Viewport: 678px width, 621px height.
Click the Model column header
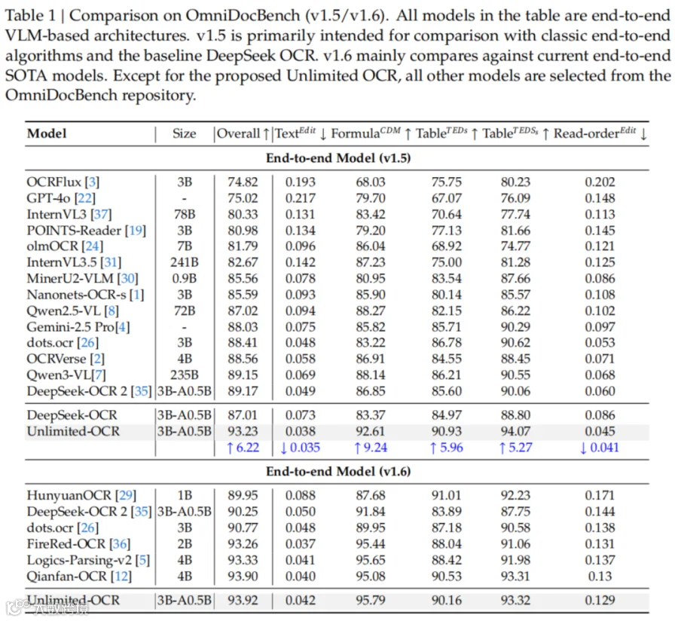pos(47,133)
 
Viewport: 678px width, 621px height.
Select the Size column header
pos(185,133)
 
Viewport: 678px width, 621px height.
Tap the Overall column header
pos(238,133)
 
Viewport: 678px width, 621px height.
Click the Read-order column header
pos(594,133)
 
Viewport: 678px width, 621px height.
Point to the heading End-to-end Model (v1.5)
pos(338,158)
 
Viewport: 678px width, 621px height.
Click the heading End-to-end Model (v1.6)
pos(338,471)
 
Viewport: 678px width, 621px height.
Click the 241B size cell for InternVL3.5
pos(185,262)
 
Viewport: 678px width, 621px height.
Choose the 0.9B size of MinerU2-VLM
pos(185,279)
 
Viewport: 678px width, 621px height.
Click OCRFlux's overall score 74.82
pos(243,182)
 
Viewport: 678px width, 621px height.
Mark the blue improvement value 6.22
pos(243,448)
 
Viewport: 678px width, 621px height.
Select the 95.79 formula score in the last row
pos(371,600)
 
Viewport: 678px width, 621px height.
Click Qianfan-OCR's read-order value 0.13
pos(600,577)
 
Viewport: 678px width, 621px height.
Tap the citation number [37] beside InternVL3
pos(101,215)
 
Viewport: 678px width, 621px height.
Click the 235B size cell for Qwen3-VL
pos(185,375)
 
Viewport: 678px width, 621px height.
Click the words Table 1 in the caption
pos(30,16)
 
